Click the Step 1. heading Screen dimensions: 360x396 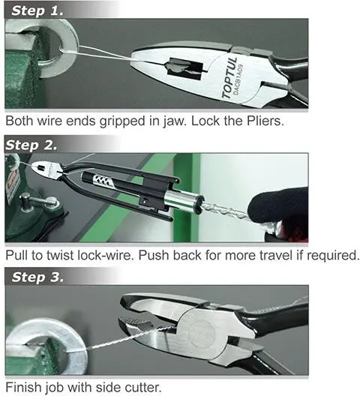tap(37, 10)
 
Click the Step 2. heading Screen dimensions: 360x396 tap(31, 145)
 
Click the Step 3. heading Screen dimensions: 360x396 tap(37, 277)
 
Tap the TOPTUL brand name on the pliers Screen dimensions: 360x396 tap(229, 77)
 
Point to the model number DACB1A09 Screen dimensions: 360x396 tap(238, 79)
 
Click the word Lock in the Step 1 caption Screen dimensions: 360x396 tap(206, 121)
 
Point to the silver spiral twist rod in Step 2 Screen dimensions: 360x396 tap(225, 210)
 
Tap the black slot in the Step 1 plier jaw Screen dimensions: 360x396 tap(185, 68)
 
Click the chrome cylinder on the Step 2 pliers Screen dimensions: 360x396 tap(183, 200)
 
